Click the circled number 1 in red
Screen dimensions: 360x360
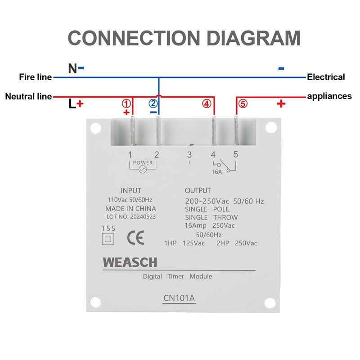[x=126, y=103]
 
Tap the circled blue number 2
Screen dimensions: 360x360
[x=153, y=103]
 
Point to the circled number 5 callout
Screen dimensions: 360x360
[x=243, y=103]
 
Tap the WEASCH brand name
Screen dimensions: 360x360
[x=130, y=262]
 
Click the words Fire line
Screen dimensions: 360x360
[x=36, y=77]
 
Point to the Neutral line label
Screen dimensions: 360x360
[x=28, y=96]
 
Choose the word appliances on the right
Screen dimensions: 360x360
[x=329, y=96]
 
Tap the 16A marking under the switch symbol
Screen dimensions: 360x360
[x=216, y=171]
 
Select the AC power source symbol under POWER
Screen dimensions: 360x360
[x=143, y=169]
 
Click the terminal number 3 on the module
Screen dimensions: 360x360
[x=189, y=155]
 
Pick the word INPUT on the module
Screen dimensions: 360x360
[x=131, y=190]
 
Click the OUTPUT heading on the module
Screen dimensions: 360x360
[x=198, y=190]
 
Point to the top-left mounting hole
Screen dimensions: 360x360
[x=95, y=128]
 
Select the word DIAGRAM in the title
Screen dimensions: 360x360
[x=243, y=38]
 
